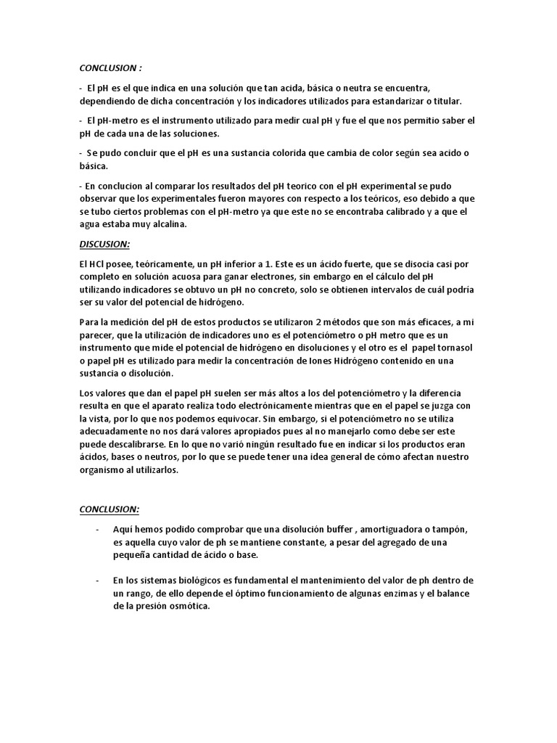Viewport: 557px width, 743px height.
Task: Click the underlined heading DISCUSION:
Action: (x=104, y=244)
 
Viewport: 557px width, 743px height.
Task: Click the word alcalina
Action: (x=166, y=224)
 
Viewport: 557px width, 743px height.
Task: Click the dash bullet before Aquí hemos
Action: (x=97, y=528)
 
